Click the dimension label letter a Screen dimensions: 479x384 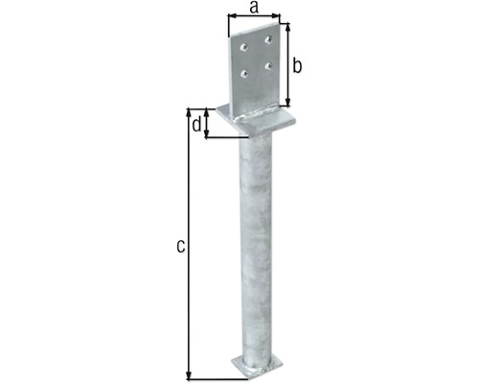coord(254,8)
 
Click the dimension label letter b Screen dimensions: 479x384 coord(297,66)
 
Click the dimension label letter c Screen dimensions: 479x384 coord(181,247)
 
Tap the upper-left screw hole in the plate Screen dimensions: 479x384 coord(243,47)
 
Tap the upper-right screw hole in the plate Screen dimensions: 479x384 coord(268,39)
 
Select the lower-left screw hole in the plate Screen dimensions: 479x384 coord(244,74)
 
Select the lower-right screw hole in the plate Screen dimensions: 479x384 coord(268,65)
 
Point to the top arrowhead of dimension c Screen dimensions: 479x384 coord(189,112)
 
